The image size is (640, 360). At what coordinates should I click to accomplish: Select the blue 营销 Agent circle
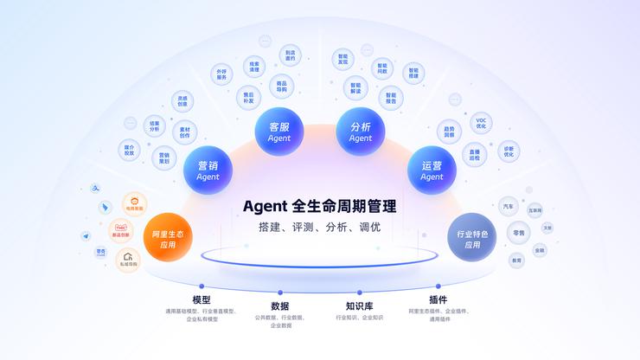(x=208, y=170)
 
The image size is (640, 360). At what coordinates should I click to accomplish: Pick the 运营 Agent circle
(x=432, y=170)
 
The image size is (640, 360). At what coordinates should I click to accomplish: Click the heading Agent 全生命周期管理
(x=320, y=207)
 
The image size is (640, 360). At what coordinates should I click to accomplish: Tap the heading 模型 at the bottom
(x=202, y=299)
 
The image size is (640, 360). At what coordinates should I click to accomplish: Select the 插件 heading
(x=438, y=299)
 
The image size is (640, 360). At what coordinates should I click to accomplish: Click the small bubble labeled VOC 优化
(x=481, y=123)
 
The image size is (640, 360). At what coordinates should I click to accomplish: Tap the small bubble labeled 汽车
(x=508, y=207)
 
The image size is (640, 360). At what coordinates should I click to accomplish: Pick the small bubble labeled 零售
(x=518, y=233)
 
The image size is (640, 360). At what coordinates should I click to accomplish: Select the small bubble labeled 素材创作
(x=185, y=132)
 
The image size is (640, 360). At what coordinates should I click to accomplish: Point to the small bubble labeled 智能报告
(x=391, y=98)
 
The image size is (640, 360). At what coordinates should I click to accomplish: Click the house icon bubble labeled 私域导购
(x=128, y=258)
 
